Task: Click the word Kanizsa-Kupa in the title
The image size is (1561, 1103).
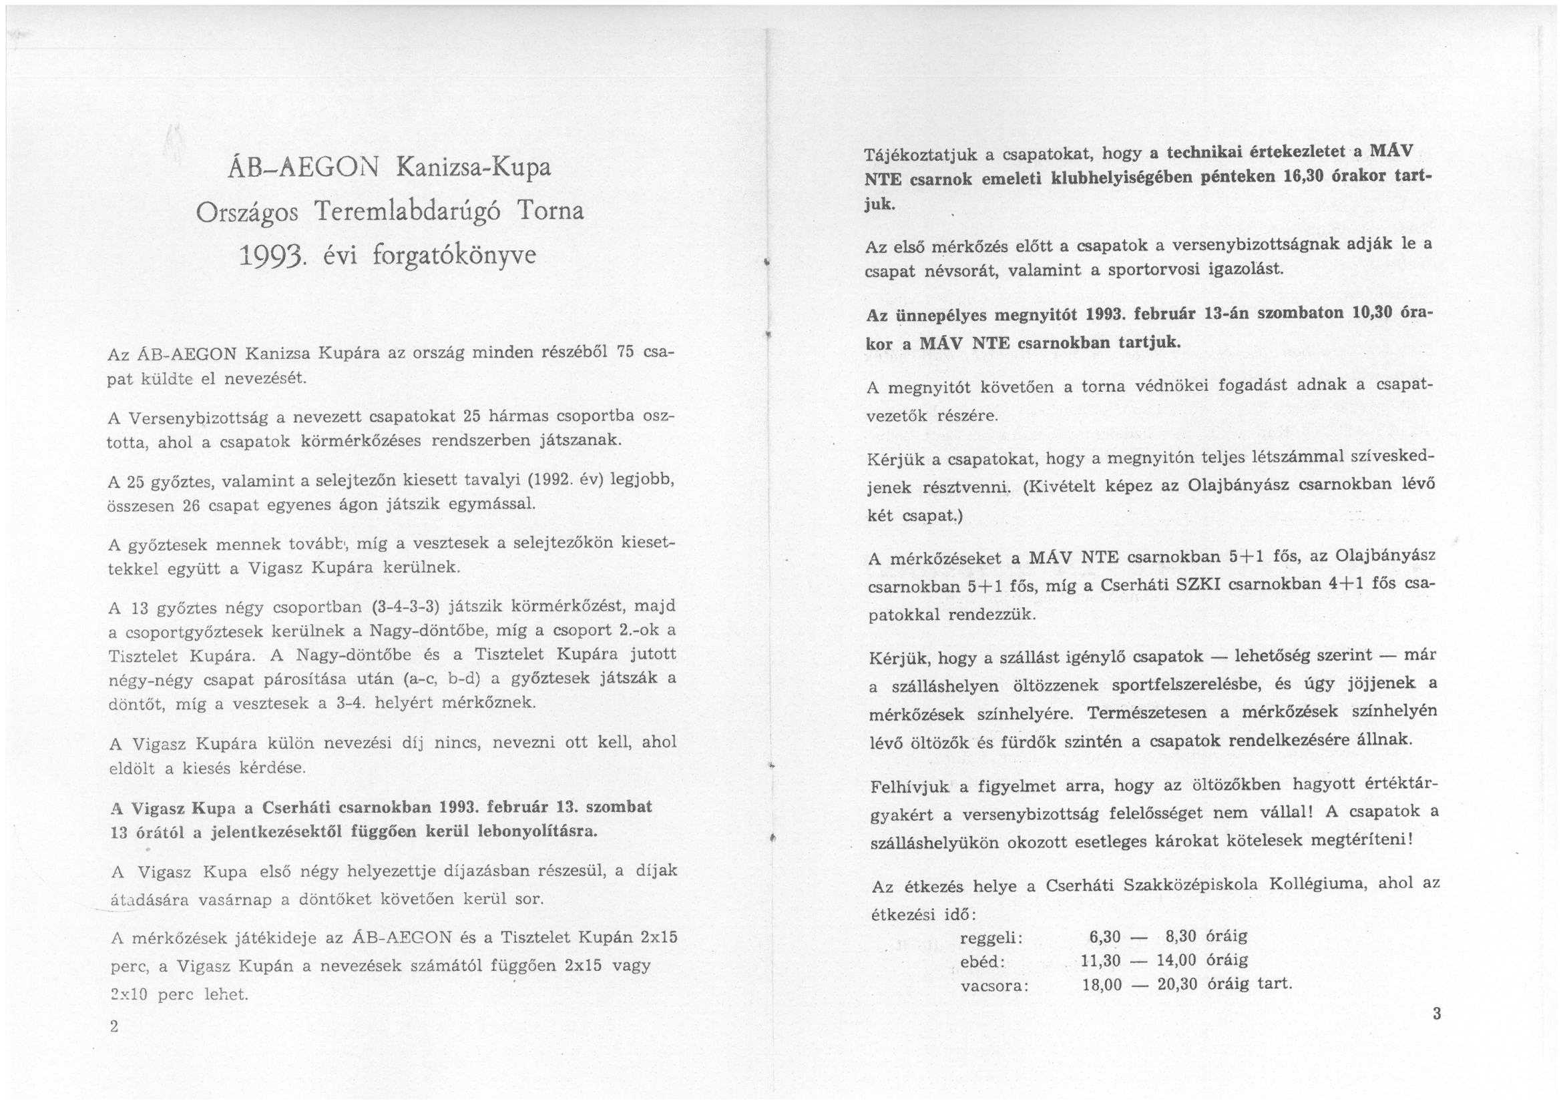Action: pyautogui.click(x=473, y=167)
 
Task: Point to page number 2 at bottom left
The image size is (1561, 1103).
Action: pyautogui.click(x=114, y=1026)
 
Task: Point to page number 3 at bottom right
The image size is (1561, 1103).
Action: pyautogui.click(x=1436, y=1014)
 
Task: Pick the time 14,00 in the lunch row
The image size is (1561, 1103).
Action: pyautogui.click(x=1176, y=960)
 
